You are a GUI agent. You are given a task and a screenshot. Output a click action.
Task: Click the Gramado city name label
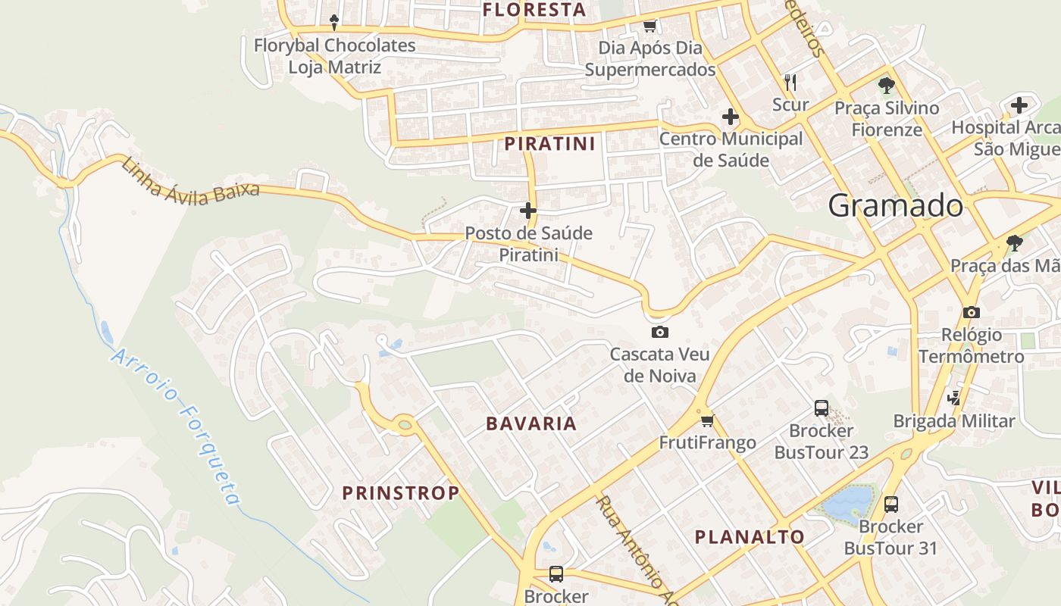pyautogui.click(x=895, y=205)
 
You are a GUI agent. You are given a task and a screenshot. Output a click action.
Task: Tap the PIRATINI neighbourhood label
pyautogui.click(x=549, y=143)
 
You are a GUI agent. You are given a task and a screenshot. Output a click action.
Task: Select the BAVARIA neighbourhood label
pyautogui.click(x=531, y=423)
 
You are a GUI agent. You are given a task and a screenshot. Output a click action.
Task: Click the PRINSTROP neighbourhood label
pyautogui.click(x=400, y=493)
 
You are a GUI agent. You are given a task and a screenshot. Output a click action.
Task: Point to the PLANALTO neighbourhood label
pyautogui.click(x=750, y=537)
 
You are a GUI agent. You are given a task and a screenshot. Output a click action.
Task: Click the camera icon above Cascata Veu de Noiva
pyautogui.click(x=659, y=332)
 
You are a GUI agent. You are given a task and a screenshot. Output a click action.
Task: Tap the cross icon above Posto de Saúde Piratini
pyautogui.click(x=528, y=210)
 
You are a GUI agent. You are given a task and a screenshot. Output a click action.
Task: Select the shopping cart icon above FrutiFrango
pyautogui.click(x=707, y=420)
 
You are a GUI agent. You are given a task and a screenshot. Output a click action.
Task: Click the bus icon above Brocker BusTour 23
pyautogui.click(x=821, y=408)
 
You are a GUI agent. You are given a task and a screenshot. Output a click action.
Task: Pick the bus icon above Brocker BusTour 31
pyautogui.click(x=890, y=504)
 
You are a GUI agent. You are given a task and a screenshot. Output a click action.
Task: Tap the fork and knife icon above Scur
pyautogui.click(x=790, y=81)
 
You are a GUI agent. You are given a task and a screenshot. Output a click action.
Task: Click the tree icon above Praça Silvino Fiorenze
pyautogui.click(x=886, y=85)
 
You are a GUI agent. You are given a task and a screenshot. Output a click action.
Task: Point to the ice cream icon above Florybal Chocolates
pyautogui.click(x=333, y=22)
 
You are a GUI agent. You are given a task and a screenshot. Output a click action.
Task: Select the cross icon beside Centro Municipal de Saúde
pyautogui.click(x=730, y=117)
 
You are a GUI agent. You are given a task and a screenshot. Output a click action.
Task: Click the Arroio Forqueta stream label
pyautogui.click(x=177, y=427)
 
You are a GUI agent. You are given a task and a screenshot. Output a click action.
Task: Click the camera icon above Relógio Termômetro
pyautogui.click(x=971, y=312)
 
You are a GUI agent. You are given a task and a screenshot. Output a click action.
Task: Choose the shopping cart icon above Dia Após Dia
pyautogui.click(x=649, y=27)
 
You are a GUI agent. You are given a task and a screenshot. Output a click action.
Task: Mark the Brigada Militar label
pyautogui.click(x=953, y=421)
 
